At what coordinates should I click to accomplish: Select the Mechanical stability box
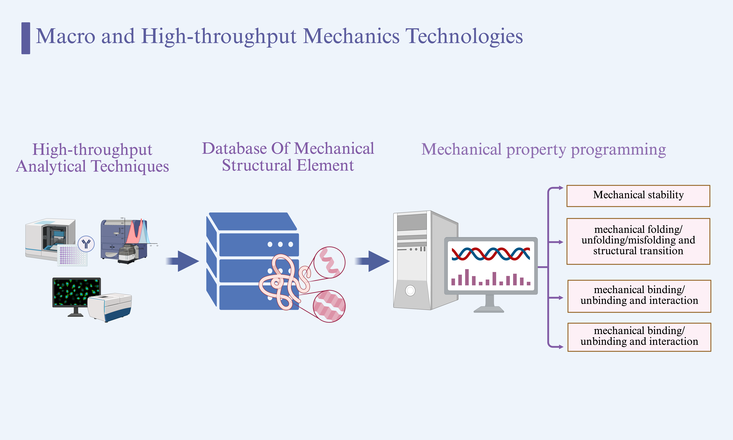point(638,196)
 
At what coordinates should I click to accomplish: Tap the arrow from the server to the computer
point(373,261)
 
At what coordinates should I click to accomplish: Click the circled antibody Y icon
point(86,244)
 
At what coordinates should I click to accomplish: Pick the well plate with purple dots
point(72,255)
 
